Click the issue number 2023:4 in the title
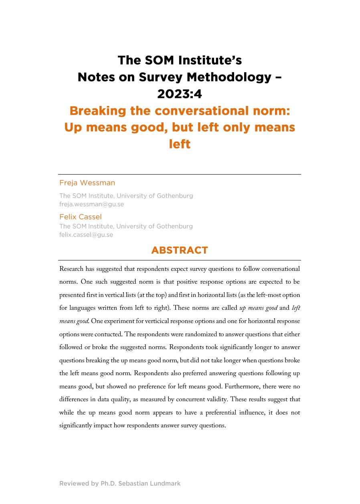pyautogui.click(x=180, y=93)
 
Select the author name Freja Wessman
pyautogui.click(x=87, y=183)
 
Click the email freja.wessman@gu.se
pyautogui.click(x=91, y=204)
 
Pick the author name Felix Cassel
pyautogui.click(x=81, y=217)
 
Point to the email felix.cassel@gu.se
pyautogui.click(x=86, y=235)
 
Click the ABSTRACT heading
pyautogui.click(x=180, y=250)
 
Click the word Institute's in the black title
pyautogui.click(x=210, y=60)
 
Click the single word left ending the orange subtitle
pyautogui.click(x=180, y=144)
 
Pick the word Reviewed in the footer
pyautogui.click(x=75, y=484)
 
